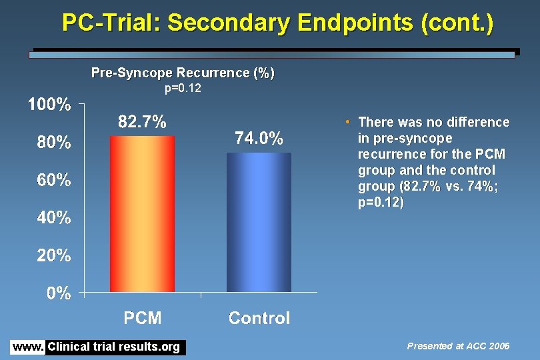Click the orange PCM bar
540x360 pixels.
143,213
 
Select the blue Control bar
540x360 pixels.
259,222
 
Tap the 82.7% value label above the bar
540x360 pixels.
142,122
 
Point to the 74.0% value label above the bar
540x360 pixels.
259,139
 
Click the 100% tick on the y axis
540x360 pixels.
49,105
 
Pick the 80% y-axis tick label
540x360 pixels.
53,142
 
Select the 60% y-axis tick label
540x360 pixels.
53,180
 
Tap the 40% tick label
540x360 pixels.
53,217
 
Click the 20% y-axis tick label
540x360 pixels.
53,255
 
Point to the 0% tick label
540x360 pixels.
59,293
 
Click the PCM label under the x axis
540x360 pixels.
143,318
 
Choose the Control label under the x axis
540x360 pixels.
259,318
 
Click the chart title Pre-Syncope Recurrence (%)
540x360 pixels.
183,73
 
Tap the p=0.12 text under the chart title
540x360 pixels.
183,88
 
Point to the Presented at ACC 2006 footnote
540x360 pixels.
458,346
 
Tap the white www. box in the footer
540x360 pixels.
27,347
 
